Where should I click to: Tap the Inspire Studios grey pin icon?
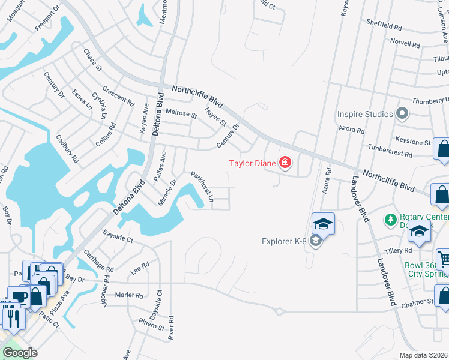pyautogui.click(x=403, y=113)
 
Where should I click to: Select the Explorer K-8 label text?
pyautogui.click(x=285, y=242)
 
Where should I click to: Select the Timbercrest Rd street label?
pyautogui.click(x=390, y=151)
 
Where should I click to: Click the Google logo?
pyautogui.click(x=20, y=353)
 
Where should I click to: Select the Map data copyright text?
pyautogui.click(x=424, y=355)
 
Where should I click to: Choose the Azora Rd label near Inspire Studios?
pyautogui.click(x=352, y=130)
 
